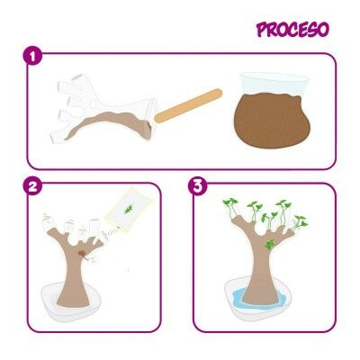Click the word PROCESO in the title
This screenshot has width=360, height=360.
pos(292,30)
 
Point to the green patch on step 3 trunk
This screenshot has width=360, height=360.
pos(269,245)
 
